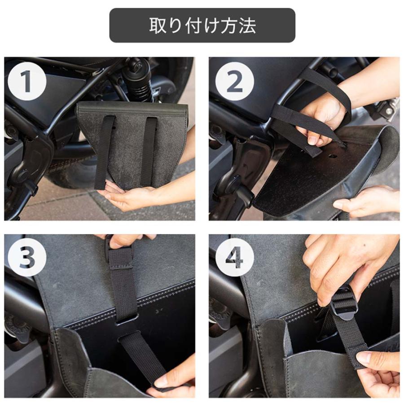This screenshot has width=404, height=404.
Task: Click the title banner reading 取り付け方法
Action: tap(202, 26)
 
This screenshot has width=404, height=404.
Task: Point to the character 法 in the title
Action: tap(246, 26)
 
